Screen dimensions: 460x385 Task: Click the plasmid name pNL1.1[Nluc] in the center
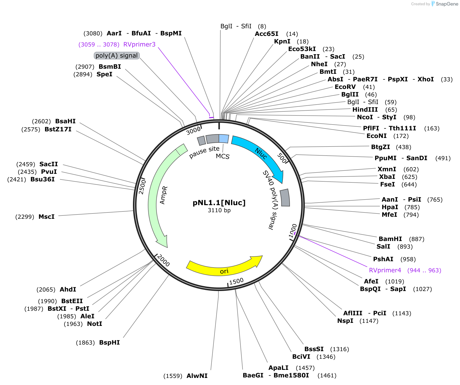[x=219, y=203]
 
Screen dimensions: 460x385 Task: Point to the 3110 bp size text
[x=219, y=210]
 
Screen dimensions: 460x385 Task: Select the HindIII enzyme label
[x=365, y=110]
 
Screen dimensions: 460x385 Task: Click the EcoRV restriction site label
[x=345, y=87]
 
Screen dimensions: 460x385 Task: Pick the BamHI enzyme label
[x=390, y=239]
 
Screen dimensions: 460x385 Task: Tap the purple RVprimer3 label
[x=139, y=44]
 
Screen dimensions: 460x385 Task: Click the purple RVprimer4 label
[x=385, y=270]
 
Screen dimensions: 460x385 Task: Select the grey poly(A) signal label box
[x=117, y=56]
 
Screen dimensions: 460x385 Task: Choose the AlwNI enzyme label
[x=197, y=376]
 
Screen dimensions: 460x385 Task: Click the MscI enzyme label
[x=47, y=217]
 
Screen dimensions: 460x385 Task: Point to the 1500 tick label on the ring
[x=237, y=281]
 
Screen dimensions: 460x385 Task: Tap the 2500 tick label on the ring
[x=142, y=187]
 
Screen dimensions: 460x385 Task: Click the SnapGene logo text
[x=447, y=4]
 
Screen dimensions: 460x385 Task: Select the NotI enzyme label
[x=95, y=324]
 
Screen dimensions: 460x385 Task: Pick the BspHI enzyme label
[x=109, y=343]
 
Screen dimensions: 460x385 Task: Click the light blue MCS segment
[x=224, y=139]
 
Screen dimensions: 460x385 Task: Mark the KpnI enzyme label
[x=282, y=41]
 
